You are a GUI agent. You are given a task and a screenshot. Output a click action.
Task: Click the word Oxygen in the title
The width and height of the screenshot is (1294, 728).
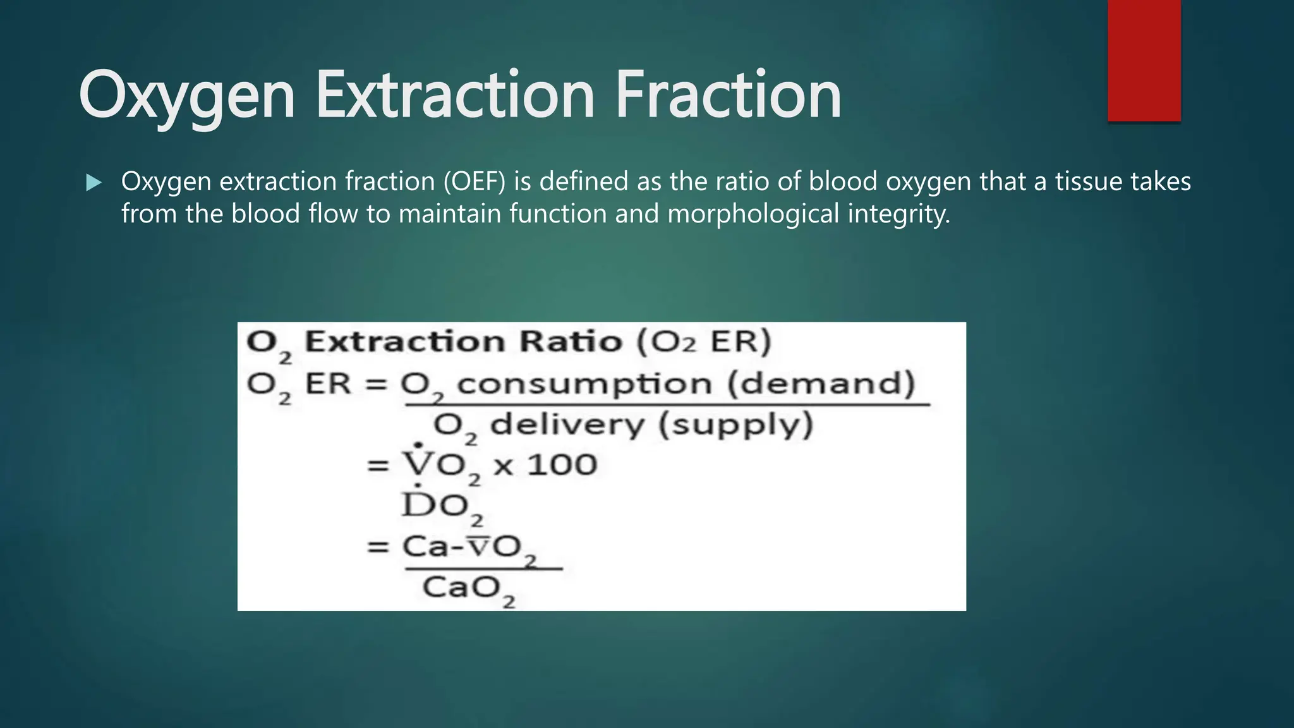tap(187, 96)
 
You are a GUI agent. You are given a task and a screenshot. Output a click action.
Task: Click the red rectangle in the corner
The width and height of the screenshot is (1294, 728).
tap(1144, 60)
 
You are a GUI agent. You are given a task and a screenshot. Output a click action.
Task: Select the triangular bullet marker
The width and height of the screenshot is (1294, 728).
tap(94, 183)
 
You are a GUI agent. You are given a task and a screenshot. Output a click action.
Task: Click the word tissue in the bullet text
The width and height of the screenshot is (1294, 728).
tap(1089, 182)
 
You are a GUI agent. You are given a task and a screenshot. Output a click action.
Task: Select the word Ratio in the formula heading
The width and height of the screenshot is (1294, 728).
tap(571, 342)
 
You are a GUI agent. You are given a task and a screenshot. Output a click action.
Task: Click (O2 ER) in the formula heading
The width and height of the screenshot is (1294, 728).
tap(704, 342)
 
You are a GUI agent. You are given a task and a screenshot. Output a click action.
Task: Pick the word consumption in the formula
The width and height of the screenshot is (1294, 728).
tap(584, 384)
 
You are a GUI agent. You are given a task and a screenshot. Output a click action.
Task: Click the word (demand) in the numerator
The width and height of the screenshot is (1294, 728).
tap(821, 383)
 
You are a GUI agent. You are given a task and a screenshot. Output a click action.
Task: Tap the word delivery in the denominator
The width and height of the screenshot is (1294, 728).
tap(567, 425)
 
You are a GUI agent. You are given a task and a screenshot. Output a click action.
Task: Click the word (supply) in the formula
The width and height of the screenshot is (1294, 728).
tap(736, 425)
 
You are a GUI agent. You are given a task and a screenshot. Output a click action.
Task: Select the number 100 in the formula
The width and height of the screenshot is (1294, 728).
tap(562, 465)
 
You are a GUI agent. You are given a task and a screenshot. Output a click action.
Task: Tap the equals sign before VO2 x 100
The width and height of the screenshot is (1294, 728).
tap(378, 466)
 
